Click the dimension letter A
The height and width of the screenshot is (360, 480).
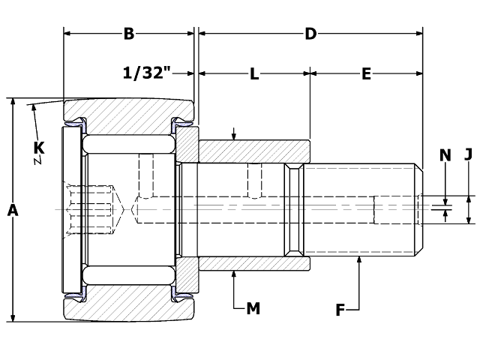pos(13,212)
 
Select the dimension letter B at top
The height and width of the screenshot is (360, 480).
pos(129,34)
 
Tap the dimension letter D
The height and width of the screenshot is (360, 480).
pos(310,34)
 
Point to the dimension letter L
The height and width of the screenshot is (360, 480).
pos(254,73)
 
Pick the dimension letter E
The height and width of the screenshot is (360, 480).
pos(366,73)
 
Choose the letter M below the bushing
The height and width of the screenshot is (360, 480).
pos(253,307)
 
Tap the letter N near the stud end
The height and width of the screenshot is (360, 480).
pos(445,155)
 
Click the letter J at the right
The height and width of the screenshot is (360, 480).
pos(468,155)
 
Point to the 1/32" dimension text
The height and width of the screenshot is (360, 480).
pos(147,73)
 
